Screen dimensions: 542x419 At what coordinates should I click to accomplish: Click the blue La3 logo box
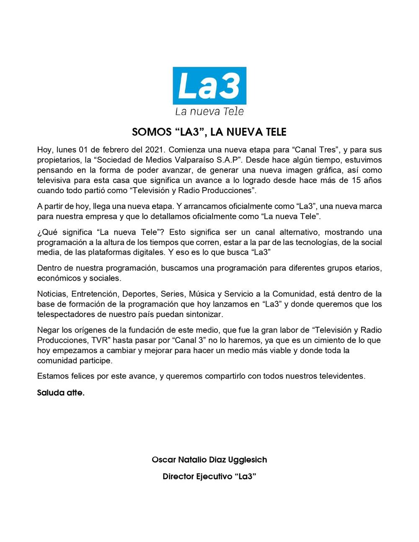[x=209, y=86]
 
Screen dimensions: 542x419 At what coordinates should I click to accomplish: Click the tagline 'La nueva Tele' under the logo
[x=209, y=111]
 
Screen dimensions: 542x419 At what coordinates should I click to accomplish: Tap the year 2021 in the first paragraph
[x=155, y=150]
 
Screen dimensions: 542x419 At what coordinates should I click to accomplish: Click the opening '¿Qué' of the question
[x=46, y=232]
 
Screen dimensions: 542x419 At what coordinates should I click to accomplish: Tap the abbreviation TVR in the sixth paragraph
[x=99, y=340]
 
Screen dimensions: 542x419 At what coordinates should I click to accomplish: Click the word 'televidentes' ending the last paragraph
[x=341, y=376]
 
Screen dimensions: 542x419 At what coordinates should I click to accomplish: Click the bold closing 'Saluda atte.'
[x=61, y=393]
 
